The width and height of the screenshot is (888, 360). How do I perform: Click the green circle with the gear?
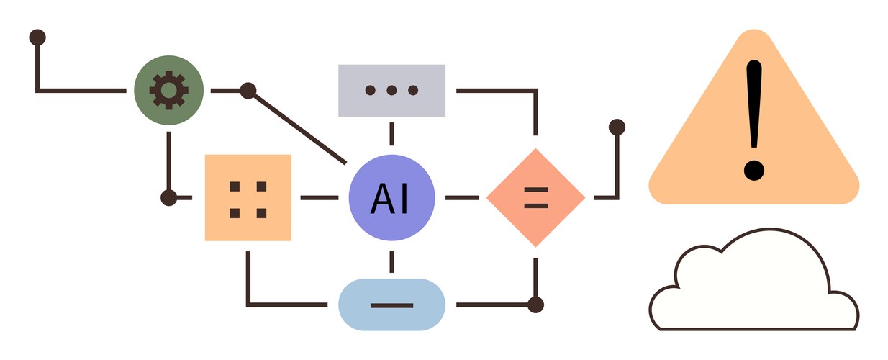(169, 91)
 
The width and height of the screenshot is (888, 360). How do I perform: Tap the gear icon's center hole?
(169, 91)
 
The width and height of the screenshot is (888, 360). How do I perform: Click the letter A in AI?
(381, 199)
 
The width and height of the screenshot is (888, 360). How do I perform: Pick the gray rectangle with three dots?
(391, 90)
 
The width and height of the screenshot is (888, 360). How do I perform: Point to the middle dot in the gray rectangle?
(391, 91)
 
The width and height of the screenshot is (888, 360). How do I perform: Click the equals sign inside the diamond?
(535, 197)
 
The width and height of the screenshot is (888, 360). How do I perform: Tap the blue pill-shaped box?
(391, 305)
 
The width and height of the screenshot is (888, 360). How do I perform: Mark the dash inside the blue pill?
(391, 305)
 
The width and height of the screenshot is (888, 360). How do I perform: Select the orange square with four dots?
(248, 197)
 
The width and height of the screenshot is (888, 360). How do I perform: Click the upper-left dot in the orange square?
(235, 186)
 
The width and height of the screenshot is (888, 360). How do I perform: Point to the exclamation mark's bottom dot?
(753, 171)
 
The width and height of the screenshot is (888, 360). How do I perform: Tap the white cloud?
(753, 288)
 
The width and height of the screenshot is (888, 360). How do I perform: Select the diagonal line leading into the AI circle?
(296, 126)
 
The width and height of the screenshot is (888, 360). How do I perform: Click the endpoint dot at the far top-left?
(37, 36)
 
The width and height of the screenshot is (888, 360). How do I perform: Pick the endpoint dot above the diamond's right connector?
(617, 127)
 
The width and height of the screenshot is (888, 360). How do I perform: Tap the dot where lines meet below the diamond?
(535, 305)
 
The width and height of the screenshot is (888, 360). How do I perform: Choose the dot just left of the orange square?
(169, 197)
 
